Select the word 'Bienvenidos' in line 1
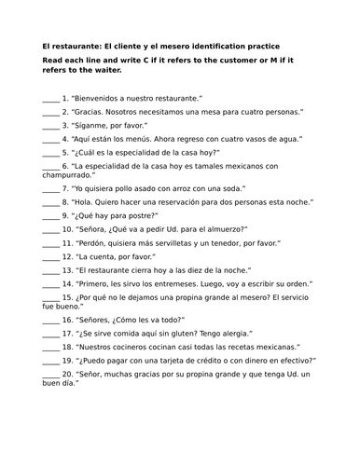click(102, 97)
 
